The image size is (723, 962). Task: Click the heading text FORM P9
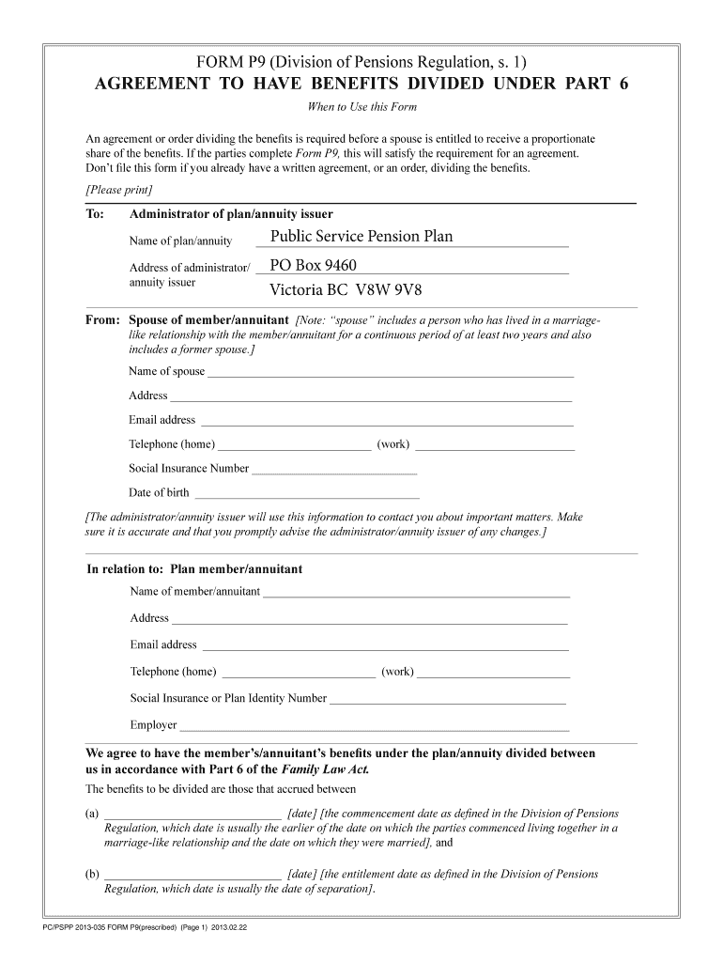230,63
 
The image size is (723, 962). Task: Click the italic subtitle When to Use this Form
361,106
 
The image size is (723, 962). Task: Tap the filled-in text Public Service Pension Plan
361,237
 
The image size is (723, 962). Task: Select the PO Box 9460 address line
314,265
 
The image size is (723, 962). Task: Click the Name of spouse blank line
390,373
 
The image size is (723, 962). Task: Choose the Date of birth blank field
306,494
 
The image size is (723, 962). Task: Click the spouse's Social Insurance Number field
334,470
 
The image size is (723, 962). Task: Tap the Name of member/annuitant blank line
416,594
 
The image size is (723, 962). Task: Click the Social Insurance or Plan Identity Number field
447,700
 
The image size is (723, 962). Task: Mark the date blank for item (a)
192,815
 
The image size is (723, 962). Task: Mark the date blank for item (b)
192,876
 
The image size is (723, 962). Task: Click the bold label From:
102,320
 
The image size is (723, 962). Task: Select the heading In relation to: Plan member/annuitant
194,569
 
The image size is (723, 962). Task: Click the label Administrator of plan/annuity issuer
231,214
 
